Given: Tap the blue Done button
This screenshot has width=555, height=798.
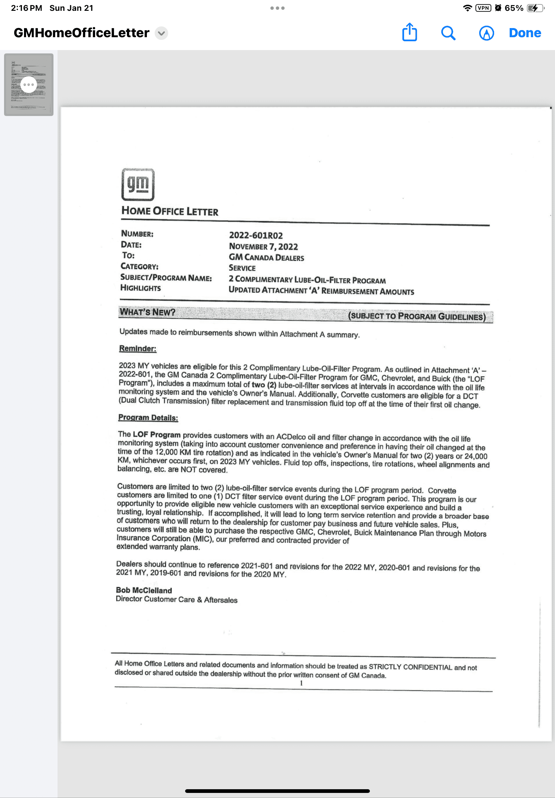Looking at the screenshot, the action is point(525,33).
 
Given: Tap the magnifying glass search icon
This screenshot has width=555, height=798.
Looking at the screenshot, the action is point(448,33).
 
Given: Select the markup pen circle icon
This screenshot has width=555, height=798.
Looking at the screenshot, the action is point(486,33).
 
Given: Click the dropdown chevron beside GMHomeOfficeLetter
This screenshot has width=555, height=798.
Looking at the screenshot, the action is point(161,33).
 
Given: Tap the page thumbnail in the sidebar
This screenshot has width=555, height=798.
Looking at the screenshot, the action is point(28,85).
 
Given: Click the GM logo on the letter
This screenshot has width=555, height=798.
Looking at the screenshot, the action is point(138,185).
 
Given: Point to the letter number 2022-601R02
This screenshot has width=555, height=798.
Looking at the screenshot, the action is point(256,235).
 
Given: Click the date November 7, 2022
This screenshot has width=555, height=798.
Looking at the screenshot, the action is point(263,246).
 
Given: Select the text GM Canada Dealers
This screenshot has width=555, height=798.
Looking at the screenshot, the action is point(266,257).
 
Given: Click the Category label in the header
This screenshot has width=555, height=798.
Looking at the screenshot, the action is point(139,266).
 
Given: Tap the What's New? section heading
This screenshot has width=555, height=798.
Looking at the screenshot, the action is point(148,312).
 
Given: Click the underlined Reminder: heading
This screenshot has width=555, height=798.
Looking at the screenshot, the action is point(138,349).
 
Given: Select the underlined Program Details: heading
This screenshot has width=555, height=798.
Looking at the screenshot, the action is point(148,417).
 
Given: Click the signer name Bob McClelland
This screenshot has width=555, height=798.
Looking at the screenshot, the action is point(143,590).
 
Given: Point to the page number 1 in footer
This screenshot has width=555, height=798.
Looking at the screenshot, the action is point(301,683).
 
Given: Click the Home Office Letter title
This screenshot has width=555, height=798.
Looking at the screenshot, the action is point(170,211).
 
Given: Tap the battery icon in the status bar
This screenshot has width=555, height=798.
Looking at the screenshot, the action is point(534,8).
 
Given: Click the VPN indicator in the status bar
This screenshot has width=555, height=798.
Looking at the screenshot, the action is point(483,8).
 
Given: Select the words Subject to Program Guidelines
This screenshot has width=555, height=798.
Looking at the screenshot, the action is point(417,316).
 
